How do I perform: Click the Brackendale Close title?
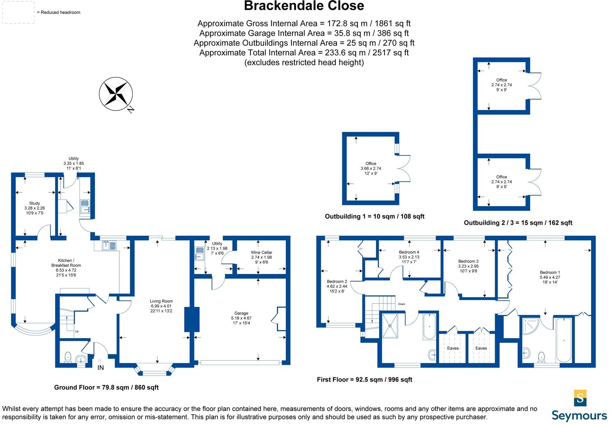304,6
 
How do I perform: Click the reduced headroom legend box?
19,12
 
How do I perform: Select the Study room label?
34,208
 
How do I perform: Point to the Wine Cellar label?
261,257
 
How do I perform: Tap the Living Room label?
161,306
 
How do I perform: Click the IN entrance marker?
100,368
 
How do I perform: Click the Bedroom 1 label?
550,277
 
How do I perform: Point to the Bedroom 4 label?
409,257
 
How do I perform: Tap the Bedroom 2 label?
337,286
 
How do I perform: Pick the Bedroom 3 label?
468,266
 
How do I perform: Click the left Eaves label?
453,348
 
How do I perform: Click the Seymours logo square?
580,398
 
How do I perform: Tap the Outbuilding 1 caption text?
374,216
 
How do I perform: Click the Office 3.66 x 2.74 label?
371,168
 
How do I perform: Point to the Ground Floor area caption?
106,387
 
